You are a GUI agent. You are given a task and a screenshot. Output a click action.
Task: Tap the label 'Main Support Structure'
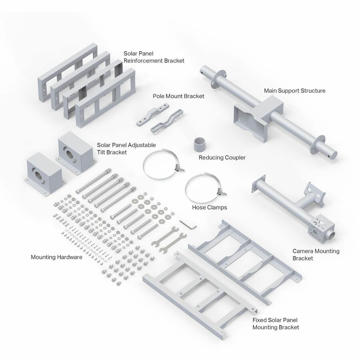click(x=294, y=91)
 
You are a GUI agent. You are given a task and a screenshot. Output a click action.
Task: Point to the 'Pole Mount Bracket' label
click(x=178, y=96)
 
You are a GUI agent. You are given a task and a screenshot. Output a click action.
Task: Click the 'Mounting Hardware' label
click(x=56, y=257)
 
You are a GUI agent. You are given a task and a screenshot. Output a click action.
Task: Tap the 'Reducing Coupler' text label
click(x=222, y=158)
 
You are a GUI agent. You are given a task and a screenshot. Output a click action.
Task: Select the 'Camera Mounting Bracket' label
click(x=316, y=255)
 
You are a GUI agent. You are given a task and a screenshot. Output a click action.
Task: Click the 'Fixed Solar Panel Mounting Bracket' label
click(x=276, y=324)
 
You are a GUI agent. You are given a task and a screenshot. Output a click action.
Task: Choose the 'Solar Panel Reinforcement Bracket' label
click(x=154, y=57)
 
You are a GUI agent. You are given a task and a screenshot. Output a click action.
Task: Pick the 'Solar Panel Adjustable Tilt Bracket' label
click(x=126, y=148)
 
